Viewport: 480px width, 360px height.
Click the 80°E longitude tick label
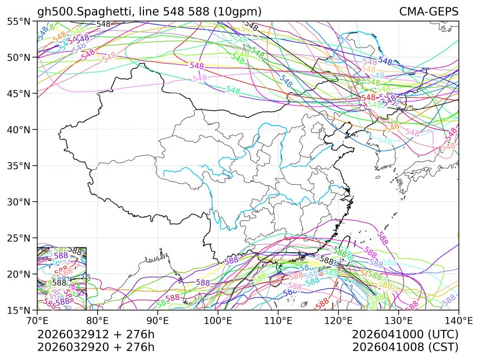(98, 321)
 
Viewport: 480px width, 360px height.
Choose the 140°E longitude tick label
(458, 321)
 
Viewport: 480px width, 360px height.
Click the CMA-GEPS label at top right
(429, 12)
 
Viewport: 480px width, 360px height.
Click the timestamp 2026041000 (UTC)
(405, 335)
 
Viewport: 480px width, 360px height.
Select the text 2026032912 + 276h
(95, 335)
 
